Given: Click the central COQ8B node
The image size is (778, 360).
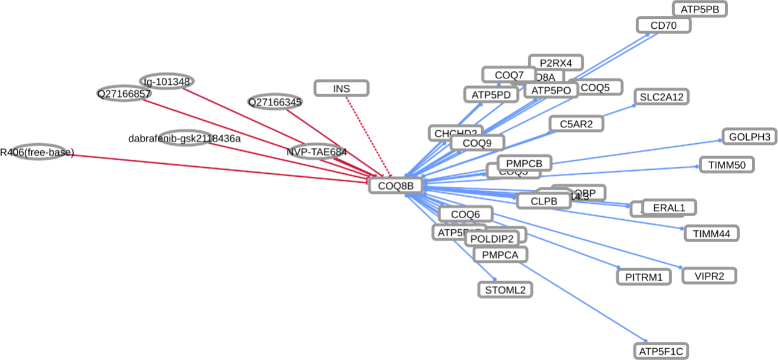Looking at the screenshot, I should [396, 186].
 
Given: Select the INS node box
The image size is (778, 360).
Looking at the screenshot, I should [342, 88].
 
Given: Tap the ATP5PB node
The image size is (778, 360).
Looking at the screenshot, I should [700, 9].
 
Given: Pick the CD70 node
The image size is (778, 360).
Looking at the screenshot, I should [663, 25].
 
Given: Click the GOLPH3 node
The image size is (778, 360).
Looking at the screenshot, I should [749, 137].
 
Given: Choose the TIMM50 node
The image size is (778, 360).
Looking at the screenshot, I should [726, 165].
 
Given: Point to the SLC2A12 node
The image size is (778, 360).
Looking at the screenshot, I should [661, 97].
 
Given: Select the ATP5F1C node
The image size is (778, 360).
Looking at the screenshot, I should [661, 352].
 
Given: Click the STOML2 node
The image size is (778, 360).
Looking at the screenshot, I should [505, 289].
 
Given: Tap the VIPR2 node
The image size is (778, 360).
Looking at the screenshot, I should [709, 275].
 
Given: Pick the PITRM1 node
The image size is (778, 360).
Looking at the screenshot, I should [644, 276].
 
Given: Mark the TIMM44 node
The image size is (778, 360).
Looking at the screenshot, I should [711, 233].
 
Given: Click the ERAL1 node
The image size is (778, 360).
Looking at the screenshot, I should [669, 207].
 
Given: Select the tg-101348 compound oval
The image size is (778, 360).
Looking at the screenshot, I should [167, 81].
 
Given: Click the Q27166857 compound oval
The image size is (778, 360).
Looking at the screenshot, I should [124, 93].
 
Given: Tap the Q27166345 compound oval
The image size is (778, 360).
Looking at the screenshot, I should [275, 102].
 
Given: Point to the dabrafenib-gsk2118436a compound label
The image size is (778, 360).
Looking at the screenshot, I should [184, 138].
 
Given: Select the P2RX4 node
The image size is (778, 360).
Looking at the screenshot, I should [555, 62].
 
